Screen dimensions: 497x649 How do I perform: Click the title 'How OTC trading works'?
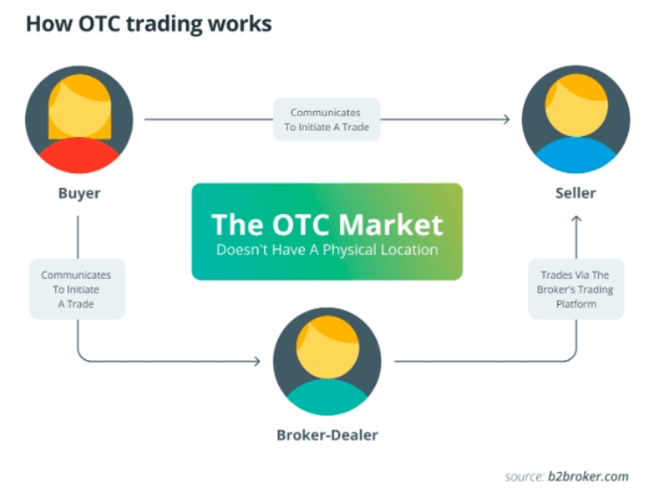[148, 23]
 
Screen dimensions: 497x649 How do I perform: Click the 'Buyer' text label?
[79, 192]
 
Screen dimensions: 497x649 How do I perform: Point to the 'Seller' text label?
[575, 192]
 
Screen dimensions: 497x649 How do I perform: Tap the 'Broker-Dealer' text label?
[327, 434]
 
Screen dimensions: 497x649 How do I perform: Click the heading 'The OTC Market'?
[327, 224]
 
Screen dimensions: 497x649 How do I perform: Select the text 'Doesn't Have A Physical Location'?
[327, 250]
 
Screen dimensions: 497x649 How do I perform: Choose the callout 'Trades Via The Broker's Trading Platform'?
[575, 289]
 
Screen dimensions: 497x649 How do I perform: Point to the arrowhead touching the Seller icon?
[506, 119]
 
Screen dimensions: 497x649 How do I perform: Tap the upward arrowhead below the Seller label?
[576, 221]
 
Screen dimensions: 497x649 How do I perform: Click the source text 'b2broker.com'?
[588, 476]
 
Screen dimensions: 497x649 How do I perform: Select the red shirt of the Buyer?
[79, 156]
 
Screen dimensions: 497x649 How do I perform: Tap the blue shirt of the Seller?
[575, 158]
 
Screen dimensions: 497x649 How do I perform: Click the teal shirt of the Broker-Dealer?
[327, 399]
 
